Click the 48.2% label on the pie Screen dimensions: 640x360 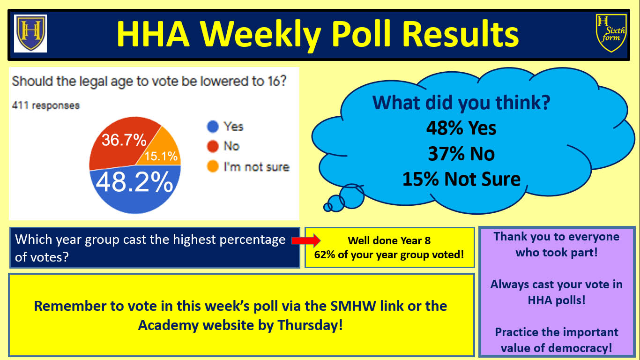tap(134, 182)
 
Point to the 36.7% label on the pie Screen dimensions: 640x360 tap(124, 140)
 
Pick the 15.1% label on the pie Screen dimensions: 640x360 tap(161, 156)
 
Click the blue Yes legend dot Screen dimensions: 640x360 tap(213, 127)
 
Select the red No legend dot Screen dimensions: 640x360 tap(213, 146)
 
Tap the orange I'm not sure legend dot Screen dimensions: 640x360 tap(213, 166)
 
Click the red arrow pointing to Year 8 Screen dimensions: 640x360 tap(306, 240)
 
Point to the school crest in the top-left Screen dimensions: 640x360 tap(30, 33)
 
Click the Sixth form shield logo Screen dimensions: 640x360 tap(611, 33)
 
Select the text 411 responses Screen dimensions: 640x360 tap(46, 105)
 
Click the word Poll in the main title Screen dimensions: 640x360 tap(361, 34)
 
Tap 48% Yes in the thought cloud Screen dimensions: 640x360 tap(461, 128)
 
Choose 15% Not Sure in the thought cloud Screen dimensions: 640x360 tap(461, 179)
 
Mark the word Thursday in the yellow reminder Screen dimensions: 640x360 tap(310, 325)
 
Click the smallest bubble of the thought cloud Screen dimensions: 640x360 tap(327, 207)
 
